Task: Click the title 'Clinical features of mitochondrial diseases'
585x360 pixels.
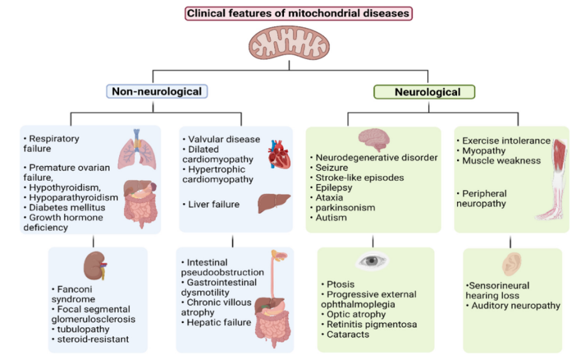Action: pos(298,13)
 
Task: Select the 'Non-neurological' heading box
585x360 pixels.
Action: pos(157,92)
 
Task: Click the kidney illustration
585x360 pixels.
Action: pos(95,265)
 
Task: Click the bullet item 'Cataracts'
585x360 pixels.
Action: pos(347,334)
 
